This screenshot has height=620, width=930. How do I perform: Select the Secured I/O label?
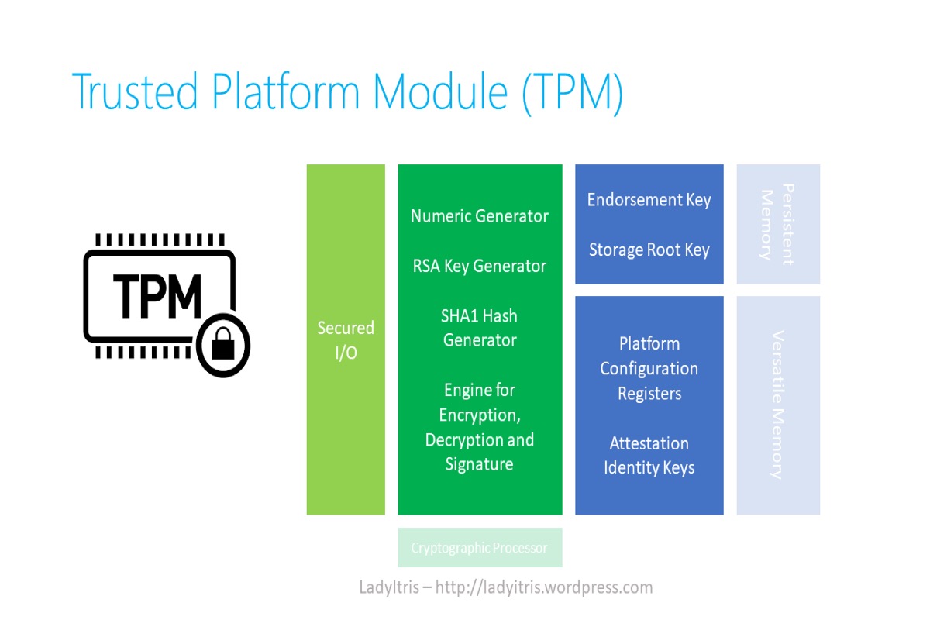[x=346, y=339]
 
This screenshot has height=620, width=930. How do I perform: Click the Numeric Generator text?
[x=480, y=216]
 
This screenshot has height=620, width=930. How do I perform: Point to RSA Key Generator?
[x=480, y=266]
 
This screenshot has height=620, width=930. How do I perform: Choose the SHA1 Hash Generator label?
[x=480, y=328]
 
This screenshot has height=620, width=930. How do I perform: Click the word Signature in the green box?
[x=479, y=464]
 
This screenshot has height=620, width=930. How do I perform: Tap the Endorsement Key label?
[x=649, y=199]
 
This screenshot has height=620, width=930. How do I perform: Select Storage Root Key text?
[x=649, y=250]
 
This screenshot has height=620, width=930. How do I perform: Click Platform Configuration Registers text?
[x=649, y=368]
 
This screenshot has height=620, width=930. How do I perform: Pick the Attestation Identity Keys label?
[x=649, y=456]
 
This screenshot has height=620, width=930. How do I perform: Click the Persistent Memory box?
[x=777, y=224]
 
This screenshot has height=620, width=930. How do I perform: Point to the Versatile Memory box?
[x=777, y=405]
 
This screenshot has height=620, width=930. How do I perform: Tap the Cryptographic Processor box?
[x=480, y=548]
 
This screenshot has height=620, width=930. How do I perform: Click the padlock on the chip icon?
[x=223, y=346]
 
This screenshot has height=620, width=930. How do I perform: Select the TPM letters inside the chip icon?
[x=157, y=295]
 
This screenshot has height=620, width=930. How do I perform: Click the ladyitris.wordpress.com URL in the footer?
[x=544, y=587]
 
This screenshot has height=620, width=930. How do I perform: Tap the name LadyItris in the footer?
[x=391, y=587]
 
